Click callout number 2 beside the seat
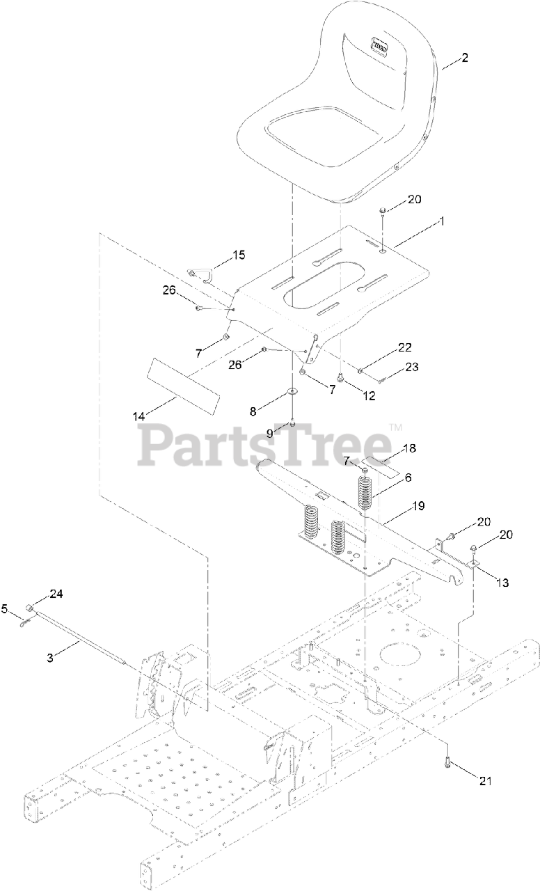tap(463, 58)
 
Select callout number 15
tap(238, 255)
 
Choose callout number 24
tap(56, 594)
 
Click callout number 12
tap(369, 395)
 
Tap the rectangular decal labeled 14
tap(183, 385)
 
